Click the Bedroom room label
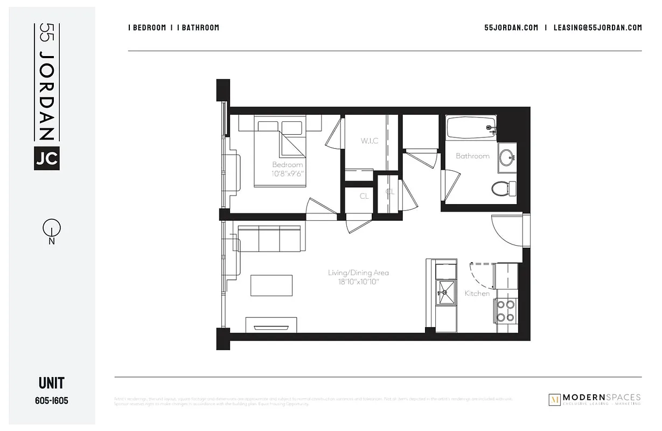[287, 165]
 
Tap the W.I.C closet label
[370, 141]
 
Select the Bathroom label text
[472, 156]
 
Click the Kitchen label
[477, 294]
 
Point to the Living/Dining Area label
[358, 273]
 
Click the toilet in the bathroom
[503, 189]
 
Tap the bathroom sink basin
[506, 157]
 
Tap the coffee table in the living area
[271, 285]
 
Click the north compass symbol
[52, 229]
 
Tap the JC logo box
[47, 158]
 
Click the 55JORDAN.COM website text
[511, 28]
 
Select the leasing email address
[597, 28]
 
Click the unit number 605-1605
[52, 400]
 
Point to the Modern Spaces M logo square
[554, 399]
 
